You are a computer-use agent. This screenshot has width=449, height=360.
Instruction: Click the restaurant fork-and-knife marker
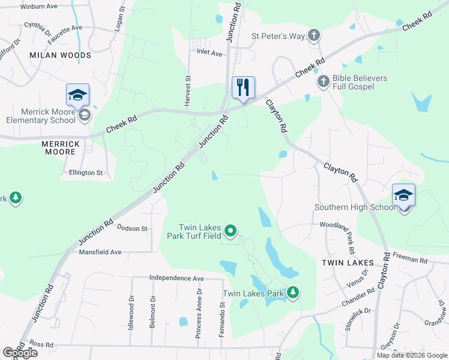[243, 88]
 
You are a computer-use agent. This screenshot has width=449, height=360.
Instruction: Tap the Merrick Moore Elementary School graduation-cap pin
[77, 95]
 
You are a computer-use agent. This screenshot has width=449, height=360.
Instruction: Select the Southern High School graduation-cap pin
[403, 195]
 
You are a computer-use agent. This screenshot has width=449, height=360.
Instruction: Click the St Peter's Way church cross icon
[313, 35]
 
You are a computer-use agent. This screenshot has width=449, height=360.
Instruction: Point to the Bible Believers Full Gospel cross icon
[323, 82]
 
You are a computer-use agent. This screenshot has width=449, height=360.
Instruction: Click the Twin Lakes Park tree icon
[292, 293]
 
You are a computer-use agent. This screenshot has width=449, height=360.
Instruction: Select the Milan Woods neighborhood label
[60, 55]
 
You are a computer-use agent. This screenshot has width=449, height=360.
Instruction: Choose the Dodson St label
[132, 229]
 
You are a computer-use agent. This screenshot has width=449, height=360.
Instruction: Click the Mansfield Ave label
[100, 253]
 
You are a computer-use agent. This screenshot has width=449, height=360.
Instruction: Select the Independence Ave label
[176, 278]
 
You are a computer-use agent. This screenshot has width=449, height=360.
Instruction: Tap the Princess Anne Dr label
[199, 313]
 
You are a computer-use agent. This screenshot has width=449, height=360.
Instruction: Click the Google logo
[20, 353]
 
